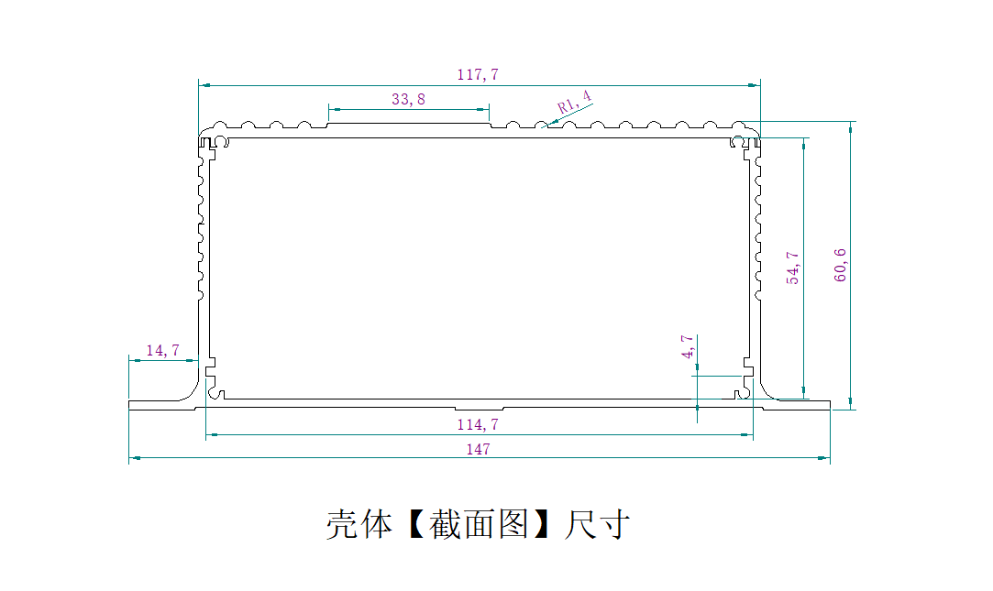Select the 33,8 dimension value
[408, 99]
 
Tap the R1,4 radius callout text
[575, 102]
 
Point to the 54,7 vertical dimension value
[793, 268]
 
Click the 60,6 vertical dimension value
[841, 265]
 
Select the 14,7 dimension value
[162, 350]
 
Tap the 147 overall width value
[478, 449]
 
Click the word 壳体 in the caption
[359, 525]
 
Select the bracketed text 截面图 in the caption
[478, 525]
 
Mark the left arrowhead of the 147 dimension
[134, 456]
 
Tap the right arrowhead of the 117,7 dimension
[754, 85]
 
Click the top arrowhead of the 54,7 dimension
[805, 144]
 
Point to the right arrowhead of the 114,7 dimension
[747, 435]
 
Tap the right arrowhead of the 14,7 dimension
[193, 360]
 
